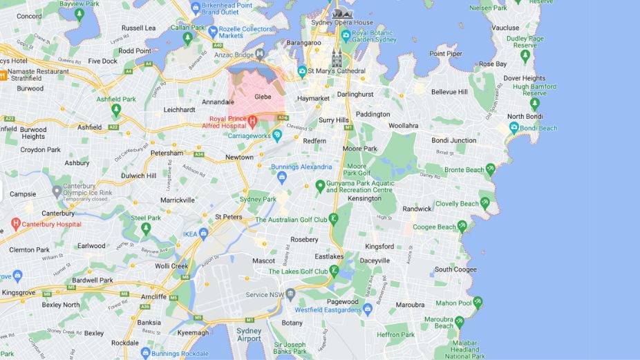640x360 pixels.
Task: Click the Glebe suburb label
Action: pos(263,97)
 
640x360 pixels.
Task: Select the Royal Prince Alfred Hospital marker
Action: pos(252,122)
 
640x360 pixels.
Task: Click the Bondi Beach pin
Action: pos(514,128)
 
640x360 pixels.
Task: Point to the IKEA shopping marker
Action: pos(205,234)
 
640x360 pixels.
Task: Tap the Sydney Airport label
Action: pos(249,334)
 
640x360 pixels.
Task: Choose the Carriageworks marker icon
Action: pos(277,135)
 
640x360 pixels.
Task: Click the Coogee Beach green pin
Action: pos(462,226)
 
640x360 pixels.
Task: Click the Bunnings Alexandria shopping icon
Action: pos(282,177)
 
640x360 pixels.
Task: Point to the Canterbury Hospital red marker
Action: pos(16,224)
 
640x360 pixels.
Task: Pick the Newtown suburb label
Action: pos(239,157)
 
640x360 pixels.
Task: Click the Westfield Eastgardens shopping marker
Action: pos(368,309)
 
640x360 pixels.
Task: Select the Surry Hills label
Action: pos(334,120)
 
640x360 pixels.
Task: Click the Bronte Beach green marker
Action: pos(491,169)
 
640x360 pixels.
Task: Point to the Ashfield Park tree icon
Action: pos(116,109)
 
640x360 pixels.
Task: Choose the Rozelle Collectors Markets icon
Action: pos(214,31)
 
